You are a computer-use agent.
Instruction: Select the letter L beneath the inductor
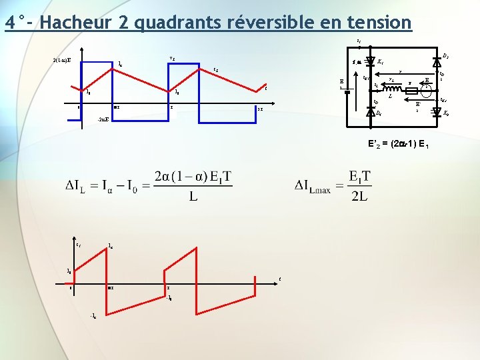click(x=389, y=97)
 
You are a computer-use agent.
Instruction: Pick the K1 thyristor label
click(x=380, y=62)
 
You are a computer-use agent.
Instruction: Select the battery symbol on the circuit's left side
click(x=347, y=92)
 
